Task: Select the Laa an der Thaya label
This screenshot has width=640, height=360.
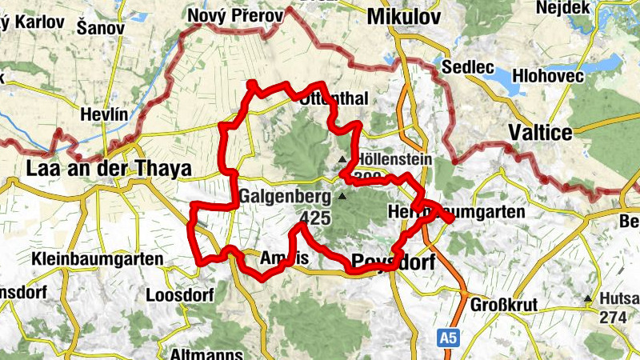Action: (x=109, y=169)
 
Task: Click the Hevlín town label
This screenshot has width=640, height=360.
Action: (x=104, y=115)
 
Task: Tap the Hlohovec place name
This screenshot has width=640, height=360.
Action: (x=558, y=75)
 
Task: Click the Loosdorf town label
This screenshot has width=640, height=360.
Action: (x=180, y=295)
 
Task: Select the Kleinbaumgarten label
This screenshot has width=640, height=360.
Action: (x=98, y=259)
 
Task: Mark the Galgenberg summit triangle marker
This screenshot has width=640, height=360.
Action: (x=343, y=196)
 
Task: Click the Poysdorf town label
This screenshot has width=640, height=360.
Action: (x=390, y=261)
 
